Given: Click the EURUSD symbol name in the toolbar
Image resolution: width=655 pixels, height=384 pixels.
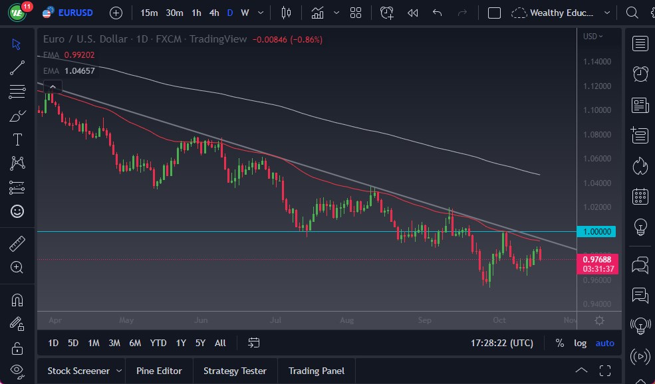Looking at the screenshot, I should click(x=75, y=13).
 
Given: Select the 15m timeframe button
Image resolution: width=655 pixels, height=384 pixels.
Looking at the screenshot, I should click(x=149, y=13).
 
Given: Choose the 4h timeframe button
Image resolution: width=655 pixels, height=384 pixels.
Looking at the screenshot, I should click(x=213, y=13).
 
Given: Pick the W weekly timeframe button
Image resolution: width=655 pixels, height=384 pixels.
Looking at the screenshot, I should click(x=245, y=13).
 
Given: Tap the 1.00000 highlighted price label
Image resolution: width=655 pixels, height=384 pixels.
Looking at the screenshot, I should click(x=597, y=232).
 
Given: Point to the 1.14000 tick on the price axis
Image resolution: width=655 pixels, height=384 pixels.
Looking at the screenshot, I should click(x=596, y=62).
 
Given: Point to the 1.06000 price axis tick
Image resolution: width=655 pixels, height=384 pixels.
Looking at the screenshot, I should click(x=596, y=159).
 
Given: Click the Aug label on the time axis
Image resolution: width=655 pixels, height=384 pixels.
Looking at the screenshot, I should click(x=346, y=320).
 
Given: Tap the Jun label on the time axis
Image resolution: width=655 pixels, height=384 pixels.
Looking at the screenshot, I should click(x=201, y=320).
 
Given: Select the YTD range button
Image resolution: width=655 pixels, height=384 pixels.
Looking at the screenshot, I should click(x=158, y=343).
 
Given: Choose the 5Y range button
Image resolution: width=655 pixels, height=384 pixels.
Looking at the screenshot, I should click(x=200, y=343).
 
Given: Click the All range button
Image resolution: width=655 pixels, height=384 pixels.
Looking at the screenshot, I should click(x=220, y=343).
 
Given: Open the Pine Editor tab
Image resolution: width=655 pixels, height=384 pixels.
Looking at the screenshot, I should click(x=159, y=371).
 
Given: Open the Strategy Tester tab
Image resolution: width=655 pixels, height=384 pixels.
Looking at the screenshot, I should click(x=235, y=371).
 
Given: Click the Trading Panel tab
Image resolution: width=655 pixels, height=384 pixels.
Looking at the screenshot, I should click(x=317, y=371).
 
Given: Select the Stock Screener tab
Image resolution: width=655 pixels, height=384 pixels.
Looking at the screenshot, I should click(x=78, y=371).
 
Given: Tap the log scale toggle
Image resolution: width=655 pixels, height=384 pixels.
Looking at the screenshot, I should click(x=581, y=343).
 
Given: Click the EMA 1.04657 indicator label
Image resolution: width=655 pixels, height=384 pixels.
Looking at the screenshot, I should click(x=69, y=70).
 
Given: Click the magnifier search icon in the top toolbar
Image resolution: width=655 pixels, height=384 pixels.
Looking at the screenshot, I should click(x=632, y=13).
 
